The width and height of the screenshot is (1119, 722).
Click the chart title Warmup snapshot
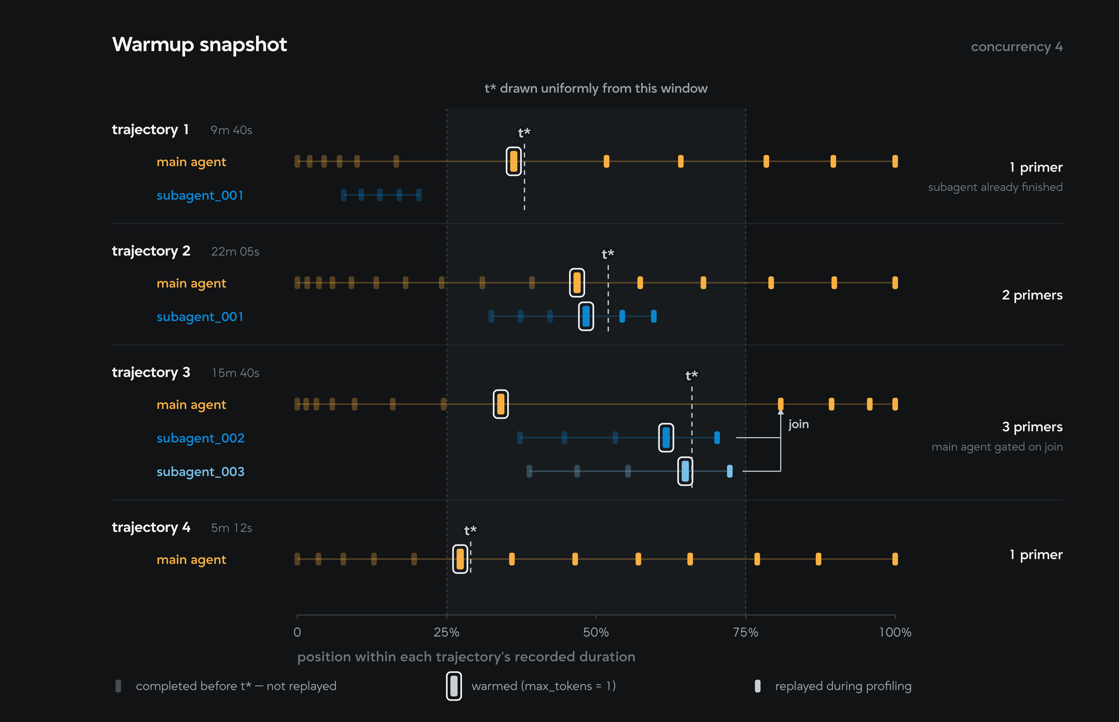199,44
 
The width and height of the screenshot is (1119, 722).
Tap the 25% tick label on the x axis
446,633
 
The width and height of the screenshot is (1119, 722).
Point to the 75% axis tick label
745,633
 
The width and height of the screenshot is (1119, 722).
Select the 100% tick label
895,633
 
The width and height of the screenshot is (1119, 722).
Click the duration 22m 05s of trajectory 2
235,252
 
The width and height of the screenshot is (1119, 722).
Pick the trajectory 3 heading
151,372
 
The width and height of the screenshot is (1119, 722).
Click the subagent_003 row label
200,472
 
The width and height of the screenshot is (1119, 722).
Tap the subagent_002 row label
200,438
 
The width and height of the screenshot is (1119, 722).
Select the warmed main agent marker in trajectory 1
514,161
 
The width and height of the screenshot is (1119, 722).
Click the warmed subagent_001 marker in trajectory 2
586,317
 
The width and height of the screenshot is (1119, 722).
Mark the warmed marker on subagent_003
685,471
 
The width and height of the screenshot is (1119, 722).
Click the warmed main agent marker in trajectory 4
460,559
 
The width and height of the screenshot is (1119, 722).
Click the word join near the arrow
798,424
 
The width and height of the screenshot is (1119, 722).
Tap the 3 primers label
1032,427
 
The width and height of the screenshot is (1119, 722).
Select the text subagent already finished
995,187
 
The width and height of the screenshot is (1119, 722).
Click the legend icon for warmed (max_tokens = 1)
454,686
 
